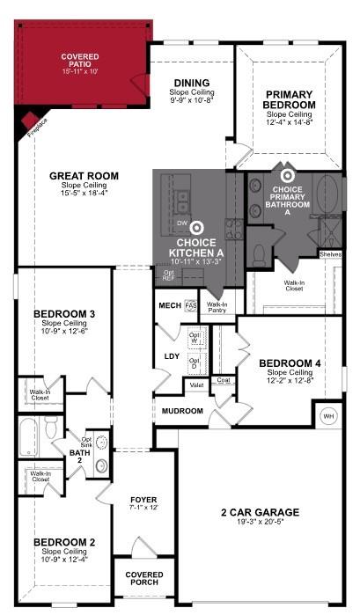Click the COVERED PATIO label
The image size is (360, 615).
pos(79,61)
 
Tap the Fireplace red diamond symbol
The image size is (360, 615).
pos(29,120)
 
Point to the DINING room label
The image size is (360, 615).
pos(191,83)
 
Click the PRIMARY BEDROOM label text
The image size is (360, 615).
pos(290,99)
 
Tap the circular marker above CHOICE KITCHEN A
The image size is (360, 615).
pos(197,226)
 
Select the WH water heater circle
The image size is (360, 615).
pos(328,415)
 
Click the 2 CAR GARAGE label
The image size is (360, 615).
pos(261,511)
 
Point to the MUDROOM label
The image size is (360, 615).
pos(181,411)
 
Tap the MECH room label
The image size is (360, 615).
pos(169,305)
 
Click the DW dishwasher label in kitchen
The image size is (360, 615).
pos(181,223)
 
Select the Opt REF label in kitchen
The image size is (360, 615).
pos(168,275)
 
